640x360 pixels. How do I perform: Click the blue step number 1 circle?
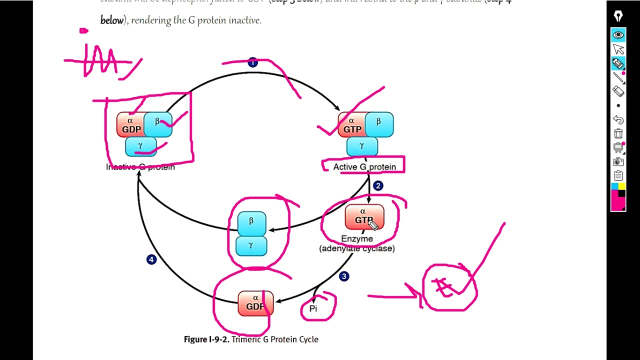click(x=252, y=62)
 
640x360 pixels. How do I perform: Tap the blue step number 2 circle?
click(x=378, y=186)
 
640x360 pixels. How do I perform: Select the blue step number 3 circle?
click(x=344, y=276)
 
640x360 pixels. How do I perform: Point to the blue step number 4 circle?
click(x=151, y=259)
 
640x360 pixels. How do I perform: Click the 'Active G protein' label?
click(x=364, y=166)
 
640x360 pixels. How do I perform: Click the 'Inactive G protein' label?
click(x=140, y=167)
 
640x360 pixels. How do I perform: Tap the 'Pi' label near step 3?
click(x=313, y=308)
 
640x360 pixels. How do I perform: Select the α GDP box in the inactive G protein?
click(x=130, y=125)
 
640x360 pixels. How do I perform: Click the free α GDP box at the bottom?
click(x=255, y=303)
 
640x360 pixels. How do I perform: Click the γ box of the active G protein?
click(x=362, y=146)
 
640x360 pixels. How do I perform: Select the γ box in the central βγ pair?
click(x=251, y=245)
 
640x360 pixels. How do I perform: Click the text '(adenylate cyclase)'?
click(x=357, y=248)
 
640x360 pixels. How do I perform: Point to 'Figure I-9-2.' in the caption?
click(x=206, y=339)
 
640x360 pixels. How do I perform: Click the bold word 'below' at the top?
click(x=112, y=20)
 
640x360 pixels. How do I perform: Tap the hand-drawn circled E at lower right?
click(x=448, y=287)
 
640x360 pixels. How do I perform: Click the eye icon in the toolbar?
click(x=618, y=34)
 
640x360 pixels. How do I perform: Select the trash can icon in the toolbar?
click(x=618, y=133)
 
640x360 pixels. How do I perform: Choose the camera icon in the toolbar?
click(x=618, y=162)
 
